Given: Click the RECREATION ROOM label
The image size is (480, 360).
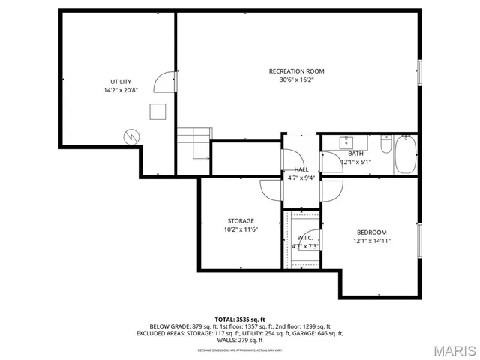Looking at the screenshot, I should point(296,71).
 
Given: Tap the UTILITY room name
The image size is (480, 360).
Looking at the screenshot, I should point(120,81).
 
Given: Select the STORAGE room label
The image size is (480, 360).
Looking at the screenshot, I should point(241,221).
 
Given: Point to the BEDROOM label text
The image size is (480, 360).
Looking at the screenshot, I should point(371,232).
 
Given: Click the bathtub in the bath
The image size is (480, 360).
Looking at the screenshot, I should point(405,155).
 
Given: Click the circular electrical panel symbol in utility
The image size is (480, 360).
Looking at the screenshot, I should point(131,137).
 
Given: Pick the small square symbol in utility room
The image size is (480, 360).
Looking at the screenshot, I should point(157,111).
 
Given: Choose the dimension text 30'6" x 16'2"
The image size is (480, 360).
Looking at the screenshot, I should point(296,80).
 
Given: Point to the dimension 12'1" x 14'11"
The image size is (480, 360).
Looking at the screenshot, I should point(371,241).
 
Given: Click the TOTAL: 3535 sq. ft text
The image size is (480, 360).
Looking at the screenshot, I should point(240,319).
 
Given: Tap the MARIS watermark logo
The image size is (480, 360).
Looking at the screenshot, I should point(454,350).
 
